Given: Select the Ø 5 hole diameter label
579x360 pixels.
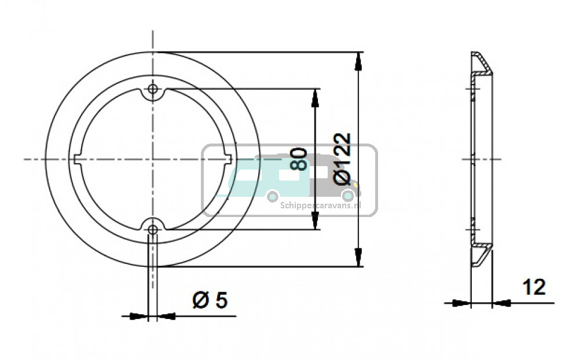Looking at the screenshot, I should click(x=210, y=300).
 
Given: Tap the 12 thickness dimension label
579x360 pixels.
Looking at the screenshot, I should click(x=533, y=286).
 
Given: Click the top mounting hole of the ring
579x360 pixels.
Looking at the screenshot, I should click(x=153, y=89).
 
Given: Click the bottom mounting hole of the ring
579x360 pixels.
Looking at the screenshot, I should click(x=153, y=229).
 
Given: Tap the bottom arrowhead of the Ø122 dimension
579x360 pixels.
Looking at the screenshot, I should click(x=359, y=258).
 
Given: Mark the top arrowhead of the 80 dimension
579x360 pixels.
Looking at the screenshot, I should click(x=315, y=97).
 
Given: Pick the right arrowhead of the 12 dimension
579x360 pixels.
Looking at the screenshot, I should click(x=501, y=302).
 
